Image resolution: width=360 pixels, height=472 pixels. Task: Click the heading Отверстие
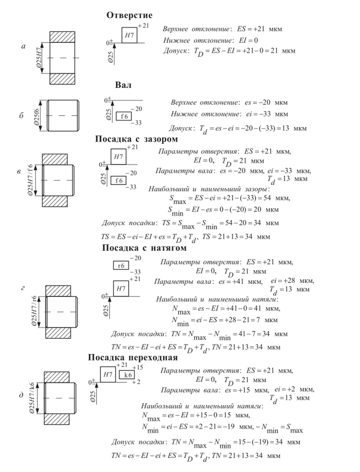click(x=129, y=15)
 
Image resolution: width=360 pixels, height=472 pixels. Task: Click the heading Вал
click(x=123, y=85)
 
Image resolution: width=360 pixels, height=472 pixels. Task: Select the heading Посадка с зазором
click(x=136, y=139)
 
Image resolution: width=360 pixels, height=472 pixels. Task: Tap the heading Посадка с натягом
click(x=144, y=248)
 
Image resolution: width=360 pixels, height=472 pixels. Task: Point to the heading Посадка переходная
click(x=133, y=357)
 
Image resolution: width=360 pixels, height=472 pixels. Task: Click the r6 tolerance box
click(x=121, y=266)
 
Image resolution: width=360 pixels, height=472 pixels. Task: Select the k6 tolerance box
click(x=128, y=375)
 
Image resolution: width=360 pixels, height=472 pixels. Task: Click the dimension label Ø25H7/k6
click(x=32, y=398)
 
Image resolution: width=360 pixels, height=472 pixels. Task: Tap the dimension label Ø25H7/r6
click(x=34, y=312)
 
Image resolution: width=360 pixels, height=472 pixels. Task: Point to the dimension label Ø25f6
click(x=37, y=115)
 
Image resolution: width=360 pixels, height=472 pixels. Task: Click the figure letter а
click(x=23, y=46)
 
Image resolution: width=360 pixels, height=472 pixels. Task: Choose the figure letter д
click(x=21, y=395)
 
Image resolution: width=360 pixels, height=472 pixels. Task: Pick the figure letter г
click(x=23, y=288)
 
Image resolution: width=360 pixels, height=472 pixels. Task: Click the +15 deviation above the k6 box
click(x=138, y=368)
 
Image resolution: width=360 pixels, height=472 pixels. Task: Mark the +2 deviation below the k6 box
click(x=136, y=382)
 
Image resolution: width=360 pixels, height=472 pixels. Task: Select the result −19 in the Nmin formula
click(x=228, y=427)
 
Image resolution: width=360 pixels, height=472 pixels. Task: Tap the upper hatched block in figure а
click(x=62, y=37)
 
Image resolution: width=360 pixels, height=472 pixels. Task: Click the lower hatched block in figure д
click(x=57, y=419)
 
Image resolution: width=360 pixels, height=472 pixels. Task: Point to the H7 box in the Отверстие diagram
click(x=129, y=35)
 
